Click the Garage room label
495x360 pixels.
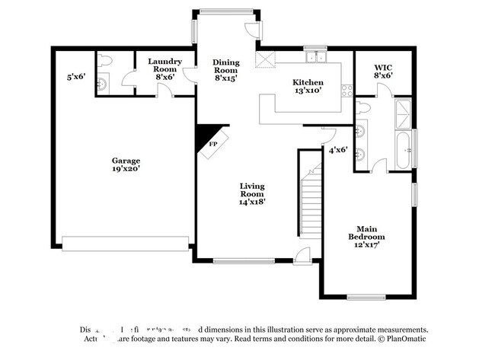(126, 161)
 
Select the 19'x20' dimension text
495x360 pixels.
(126, 169)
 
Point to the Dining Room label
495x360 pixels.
(225, 62)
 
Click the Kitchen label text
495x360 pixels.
(308, 82)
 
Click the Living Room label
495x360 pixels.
(252, 186)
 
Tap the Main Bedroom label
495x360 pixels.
(363, 232)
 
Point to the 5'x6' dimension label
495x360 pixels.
(77, 76)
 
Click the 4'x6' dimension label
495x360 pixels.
(337, 150)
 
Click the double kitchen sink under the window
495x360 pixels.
(314, 57)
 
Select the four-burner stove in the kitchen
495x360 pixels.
(347, 90)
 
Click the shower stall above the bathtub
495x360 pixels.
(404, 114)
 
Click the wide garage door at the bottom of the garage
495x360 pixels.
(126, 244)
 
